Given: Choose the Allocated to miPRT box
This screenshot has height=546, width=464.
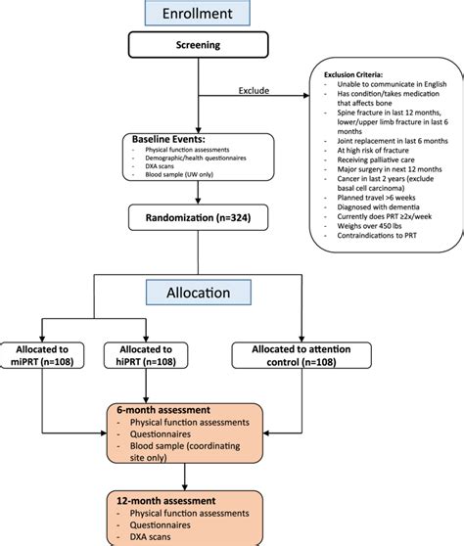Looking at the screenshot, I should coord(46,355).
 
